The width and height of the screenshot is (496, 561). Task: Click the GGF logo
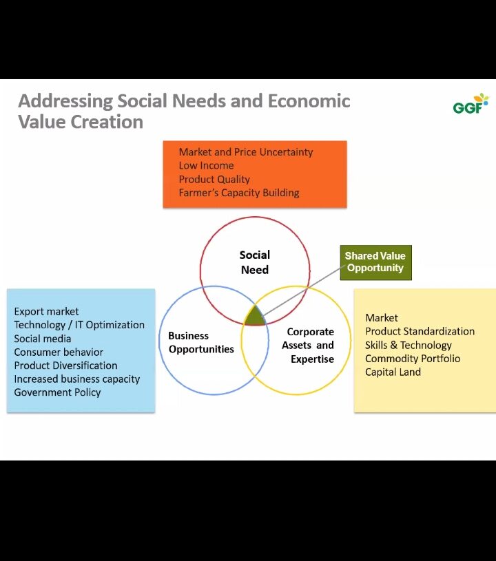tap(471, 104)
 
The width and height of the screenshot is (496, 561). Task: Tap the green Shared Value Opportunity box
tap(375, 263)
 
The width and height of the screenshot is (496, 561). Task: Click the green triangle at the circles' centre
tap(255, 315)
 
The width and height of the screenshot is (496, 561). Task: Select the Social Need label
tap(255, 262)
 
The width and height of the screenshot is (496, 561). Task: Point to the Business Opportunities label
tap(201, 342)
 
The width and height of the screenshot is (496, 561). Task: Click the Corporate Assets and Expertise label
tap(308, 346)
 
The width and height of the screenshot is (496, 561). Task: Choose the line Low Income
tap(206, 166)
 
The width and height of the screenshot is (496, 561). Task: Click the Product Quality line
tap(214, 179)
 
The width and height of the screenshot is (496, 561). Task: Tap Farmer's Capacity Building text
tap(239, 193)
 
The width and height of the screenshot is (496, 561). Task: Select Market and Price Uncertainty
tap(246, 152)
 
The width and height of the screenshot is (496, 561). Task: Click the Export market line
tap(46, 311)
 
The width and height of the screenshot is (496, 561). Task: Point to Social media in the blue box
tap(42, 339)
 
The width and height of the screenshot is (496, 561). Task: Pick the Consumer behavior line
tap(59, 352)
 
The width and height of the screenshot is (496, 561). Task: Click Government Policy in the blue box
tap(57, 392)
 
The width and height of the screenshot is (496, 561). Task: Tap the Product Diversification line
tap(65, 366)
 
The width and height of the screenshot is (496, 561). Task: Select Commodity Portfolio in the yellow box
tap(413, 359)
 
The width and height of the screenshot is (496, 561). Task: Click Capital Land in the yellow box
tap(393, 372)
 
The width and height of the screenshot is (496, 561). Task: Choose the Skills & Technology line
tap(409, 346)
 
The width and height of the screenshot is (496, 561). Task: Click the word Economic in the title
tap(309, 101)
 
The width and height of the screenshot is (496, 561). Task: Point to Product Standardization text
tap(420, 331)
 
